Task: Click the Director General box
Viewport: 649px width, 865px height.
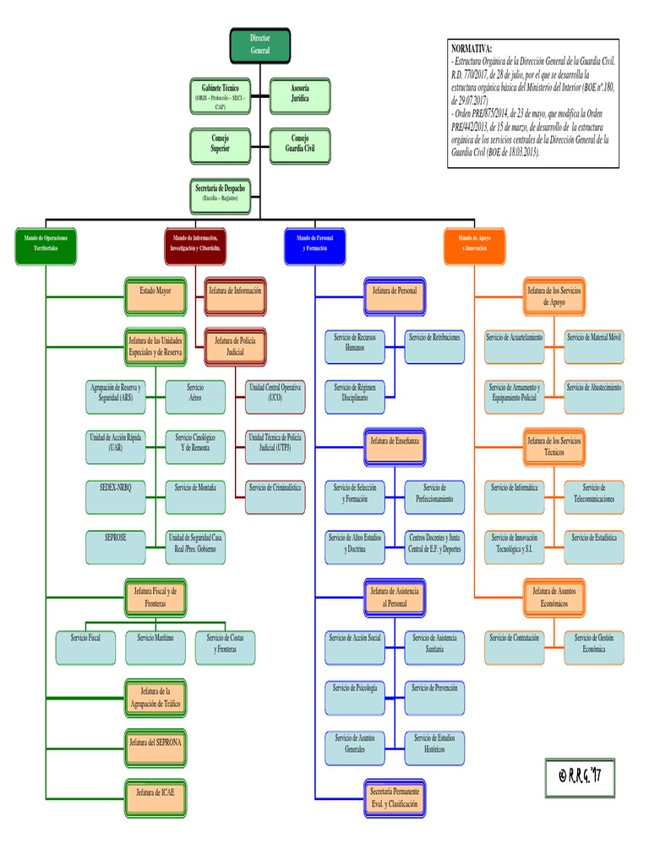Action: pyautogui.click(x=260, y=46)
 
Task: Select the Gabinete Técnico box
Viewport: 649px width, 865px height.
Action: pyautogui.click(x=220, y=96)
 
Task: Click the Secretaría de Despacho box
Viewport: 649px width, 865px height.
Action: pyautogui.click(x=220, y=194)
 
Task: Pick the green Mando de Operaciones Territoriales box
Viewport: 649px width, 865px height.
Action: pyautogui.click(x=46, y=243)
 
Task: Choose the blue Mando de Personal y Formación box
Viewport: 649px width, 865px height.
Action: pyautogui.click(x=316, y=243)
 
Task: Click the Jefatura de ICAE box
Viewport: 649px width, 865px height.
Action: pyautogui.click(x=155, y=794)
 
